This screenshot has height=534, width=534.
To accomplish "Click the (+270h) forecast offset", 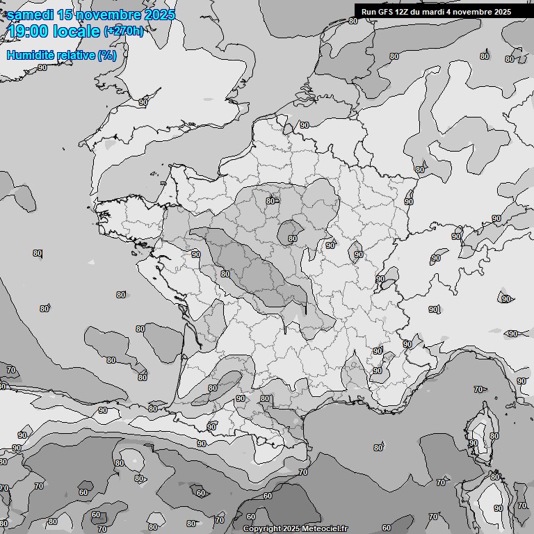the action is click(x=124, y=31).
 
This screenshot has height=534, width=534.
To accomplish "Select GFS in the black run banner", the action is click(x=385, y=11).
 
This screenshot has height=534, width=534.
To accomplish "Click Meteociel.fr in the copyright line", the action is click(x=325, y=528).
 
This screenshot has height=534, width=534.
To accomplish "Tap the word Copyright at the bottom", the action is click(x=264, y=528).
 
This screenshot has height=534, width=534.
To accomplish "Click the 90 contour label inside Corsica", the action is click(x=474, y=443).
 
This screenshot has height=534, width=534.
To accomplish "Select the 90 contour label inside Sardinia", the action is click(x=498, y=508).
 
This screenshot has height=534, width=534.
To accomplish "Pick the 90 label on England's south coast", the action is click(x=143, y=102).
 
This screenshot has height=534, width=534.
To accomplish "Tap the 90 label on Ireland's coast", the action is click(x=42, y=67).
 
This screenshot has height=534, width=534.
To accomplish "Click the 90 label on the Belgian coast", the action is click(x=304, y=125).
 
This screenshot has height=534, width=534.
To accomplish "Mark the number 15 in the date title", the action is click(x=65, y=15).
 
